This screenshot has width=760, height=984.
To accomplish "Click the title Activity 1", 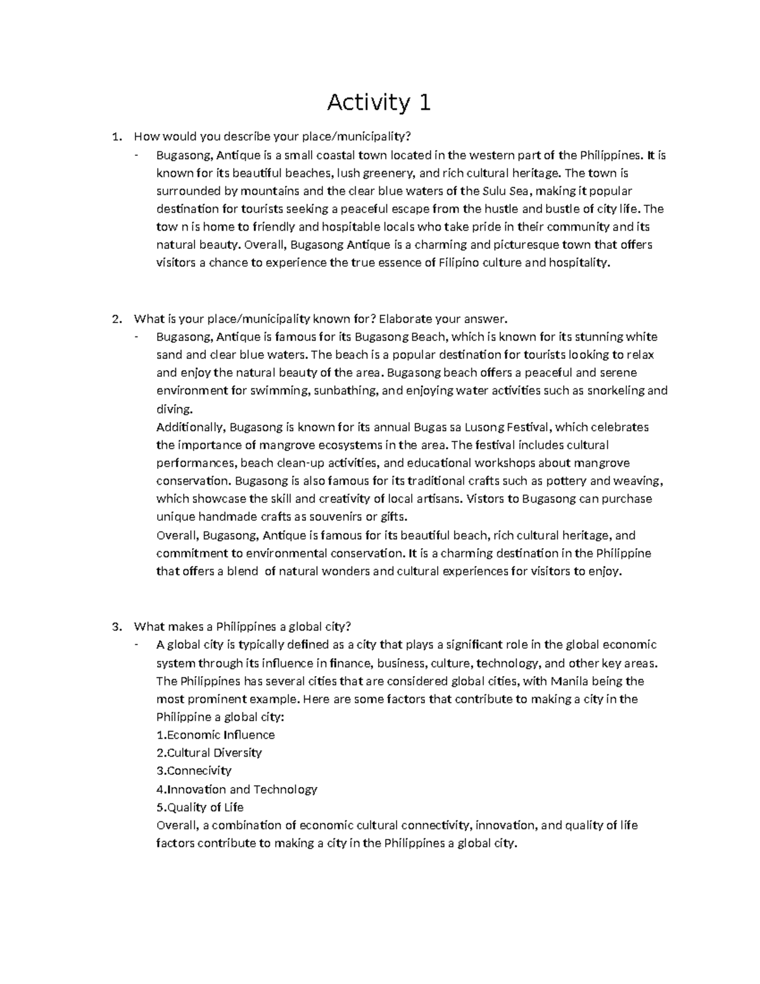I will tap(379, 102).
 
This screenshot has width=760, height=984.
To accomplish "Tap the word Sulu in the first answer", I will tap(494, 191).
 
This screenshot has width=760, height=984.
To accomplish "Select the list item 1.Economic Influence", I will tap(215, 735).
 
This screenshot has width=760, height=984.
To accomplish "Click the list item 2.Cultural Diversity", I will tap(209, 753).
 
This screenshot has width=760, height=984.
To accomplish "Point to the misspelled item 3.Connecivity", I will tap(194, 771).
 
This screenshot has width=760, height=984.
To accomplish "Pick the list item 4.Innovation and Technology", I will tap(236, 789).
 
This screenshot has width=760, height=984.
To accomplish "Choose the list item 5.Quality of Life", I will tap(199, 807).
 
